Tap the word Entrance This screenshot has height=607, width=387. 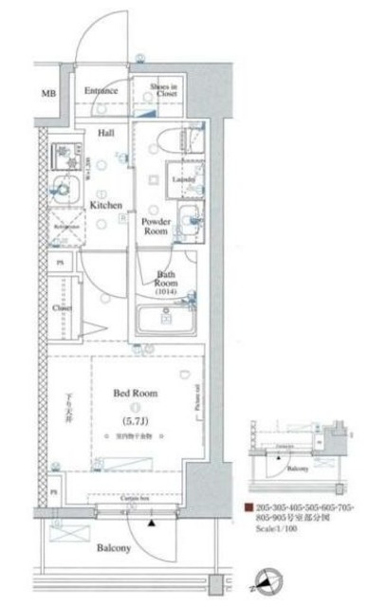(x=100, y=91)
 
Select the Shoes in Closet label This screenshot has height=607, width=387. (x=164, y=92)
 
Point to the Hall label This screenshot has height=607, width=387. (x=106, y=134)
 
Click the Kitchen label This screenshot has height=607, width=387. (x=105, y=204)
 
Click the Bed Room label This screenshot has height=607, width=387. (x=137, y=393)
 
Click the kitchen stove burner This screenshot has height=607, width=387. (x=65, y=152)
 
